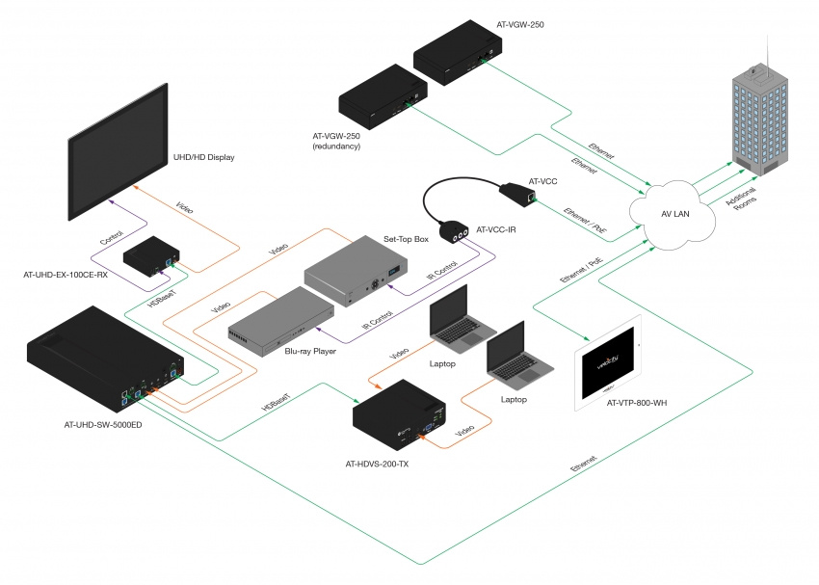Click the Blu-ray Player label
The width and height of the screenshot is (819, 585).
click(x=309, y=352)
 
